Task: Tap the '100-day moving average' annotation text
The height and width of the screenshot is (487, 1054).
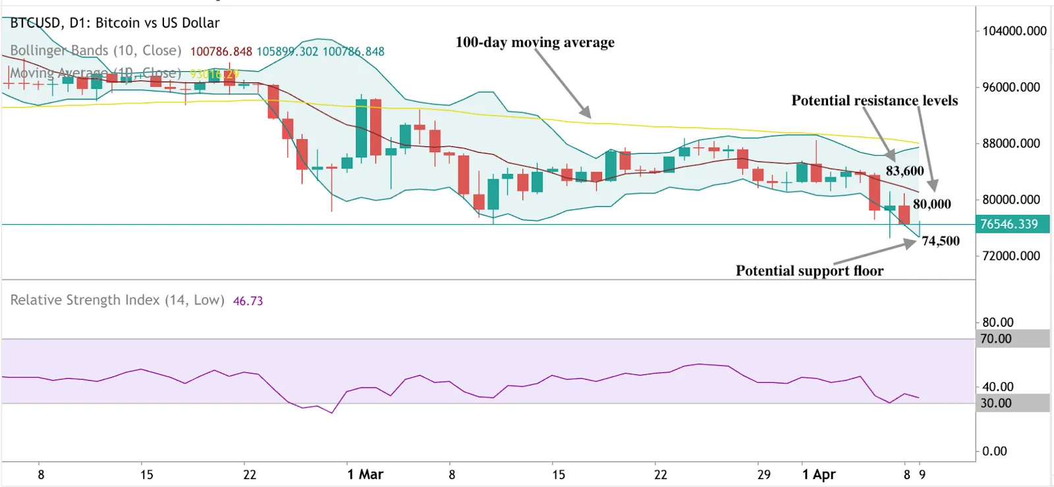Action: (x=534, y=42)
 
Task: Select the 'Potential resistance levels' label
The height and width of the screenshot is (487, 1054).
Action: (x=874, y=100)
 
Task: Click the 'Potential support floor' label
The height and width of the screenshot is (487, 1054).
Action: (x=809, y=271)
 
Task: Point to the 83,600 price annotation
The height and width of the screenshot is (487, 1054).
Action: (x=904, y=171)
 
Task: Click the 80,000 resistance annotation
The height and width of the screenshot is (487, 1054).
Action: (x=931, y=204)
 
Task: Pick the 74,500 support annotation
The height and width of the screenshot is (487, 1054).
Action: (x=940, y=241)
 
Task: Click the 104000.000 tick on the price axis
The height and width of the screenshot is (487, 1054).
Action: (x=1014, y=31)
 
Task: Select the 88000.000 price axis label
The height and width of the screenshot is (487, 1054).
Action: (x=1011, y=144)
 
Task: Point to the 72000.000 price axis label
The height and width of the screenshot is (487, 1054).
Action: (x=1011, y=256)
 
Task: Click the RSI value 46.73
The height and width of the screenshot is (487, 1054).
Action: (x=248, y=301)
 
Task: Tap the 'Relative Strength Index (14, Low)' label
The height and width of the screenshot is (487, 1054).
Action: (x=117, y=301)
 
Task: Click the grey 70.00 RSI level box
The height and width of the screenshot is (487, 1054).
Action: (x=1011, y=339)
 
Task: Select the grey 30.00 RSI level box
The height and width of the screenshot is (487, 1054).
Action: (x=1011, y=403)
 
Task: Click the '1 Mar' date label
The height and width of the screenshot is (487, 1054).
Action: (x=365, y=474)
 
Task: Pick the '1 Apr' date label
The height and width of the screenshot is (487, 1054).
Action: (x=819, y=474)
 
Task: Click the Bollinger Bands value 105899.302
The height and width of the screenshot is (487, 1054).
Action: (x=287, y=51)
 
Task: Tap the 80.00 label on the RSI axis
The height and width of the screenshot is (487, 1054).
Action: (x=997, y=322)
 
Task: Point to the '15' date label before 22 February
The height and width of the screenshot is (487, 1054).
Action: (x=146, y=474)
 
